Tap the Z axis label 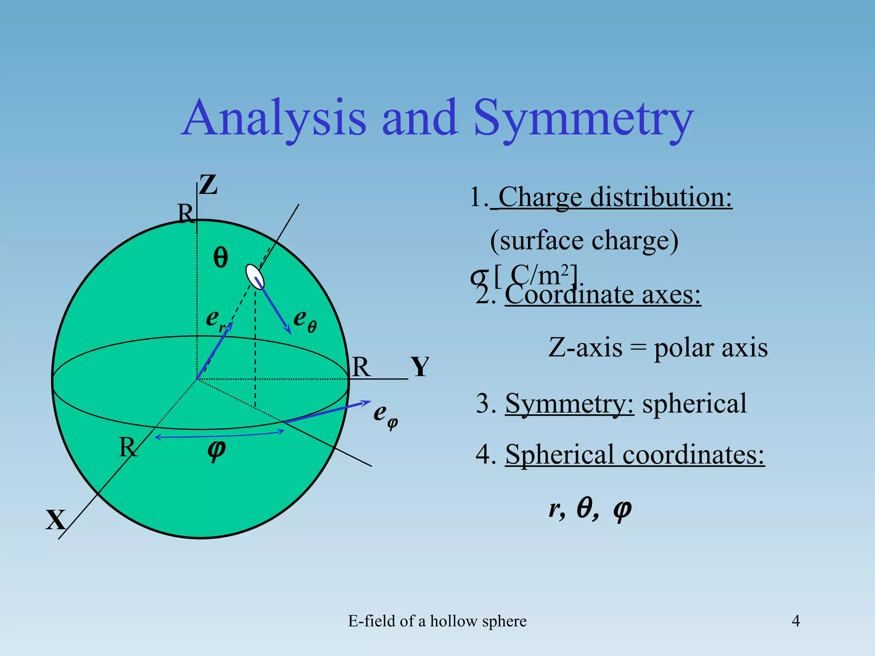[x=208, y=185]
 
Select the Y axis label [x=420, y=367]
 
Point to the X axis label [x=56, y=520]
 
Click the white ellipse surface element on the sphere [x=255, y=277]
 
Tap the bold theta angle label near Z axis [x=220, y=258]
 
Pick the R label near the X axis [x=128, y=447]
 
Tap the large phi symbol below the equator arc [x=217, y=449]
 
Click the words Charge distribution [x=615, y=197]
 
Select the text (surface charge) [x=584, y=240]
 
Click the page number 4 [x=796, y=621]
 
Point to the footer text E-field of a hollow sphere [x=437, y=621]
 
